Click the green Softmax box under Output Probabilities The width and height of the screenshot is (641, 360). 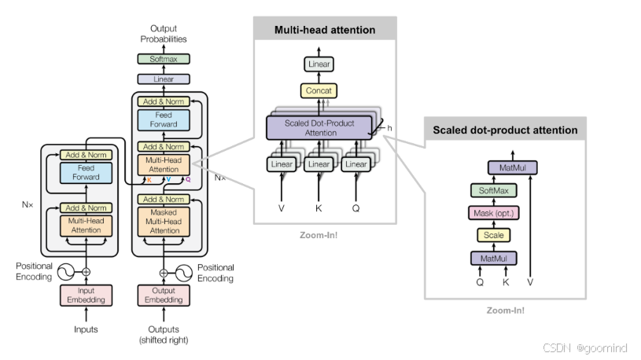pos(164,59)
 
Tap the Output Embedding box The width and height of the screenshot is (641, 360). pos(164,295)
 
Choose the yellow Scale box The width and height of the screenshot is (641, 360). pos(493,235)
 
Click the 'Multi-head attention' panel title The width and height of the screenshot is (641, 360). pos(324,30)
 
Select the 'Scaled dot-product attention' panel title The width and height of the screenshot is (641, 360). pos(505,130)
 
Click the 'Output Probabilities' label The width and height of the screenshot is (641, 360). pos(164,34)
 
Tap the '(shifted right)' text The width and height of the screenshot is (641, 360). pos(164,340)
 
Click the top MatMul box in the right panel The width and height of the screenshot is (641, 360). pos(507,167)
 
